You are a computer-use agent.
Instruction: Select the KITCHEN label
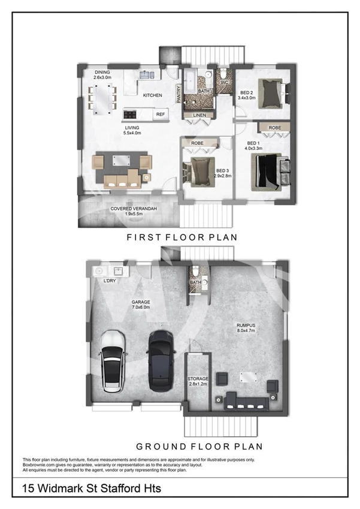pos(152,95)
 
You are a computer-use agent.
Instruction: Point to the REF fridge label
pos(161,114)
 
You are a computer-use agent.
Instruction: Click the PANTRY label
pos(178,94)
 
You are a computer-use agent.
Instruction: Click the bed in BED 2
pos(272,94)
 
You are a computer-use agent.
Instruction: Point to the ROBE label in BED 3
pos(198,144)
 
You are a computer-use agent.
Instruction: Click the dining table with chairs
pos(102,97)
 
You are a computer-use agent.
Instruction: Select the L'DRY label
pos(110,281)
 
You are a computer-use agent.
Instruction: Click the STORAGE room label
pos(198,379)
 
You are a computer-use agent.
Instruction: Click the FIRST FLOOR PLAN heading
pos(181,237)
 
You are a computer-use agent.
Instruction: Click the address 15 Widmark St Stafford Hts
pos(92,489)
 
